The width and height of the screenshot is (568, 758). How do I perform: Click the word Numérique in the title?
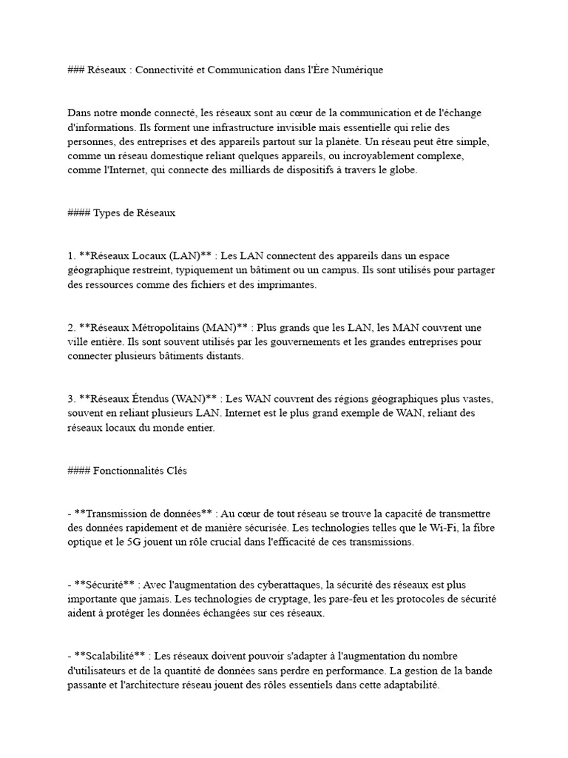point(359,70)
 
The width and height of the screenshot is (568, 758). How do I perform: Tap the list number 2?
point(71,327)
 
